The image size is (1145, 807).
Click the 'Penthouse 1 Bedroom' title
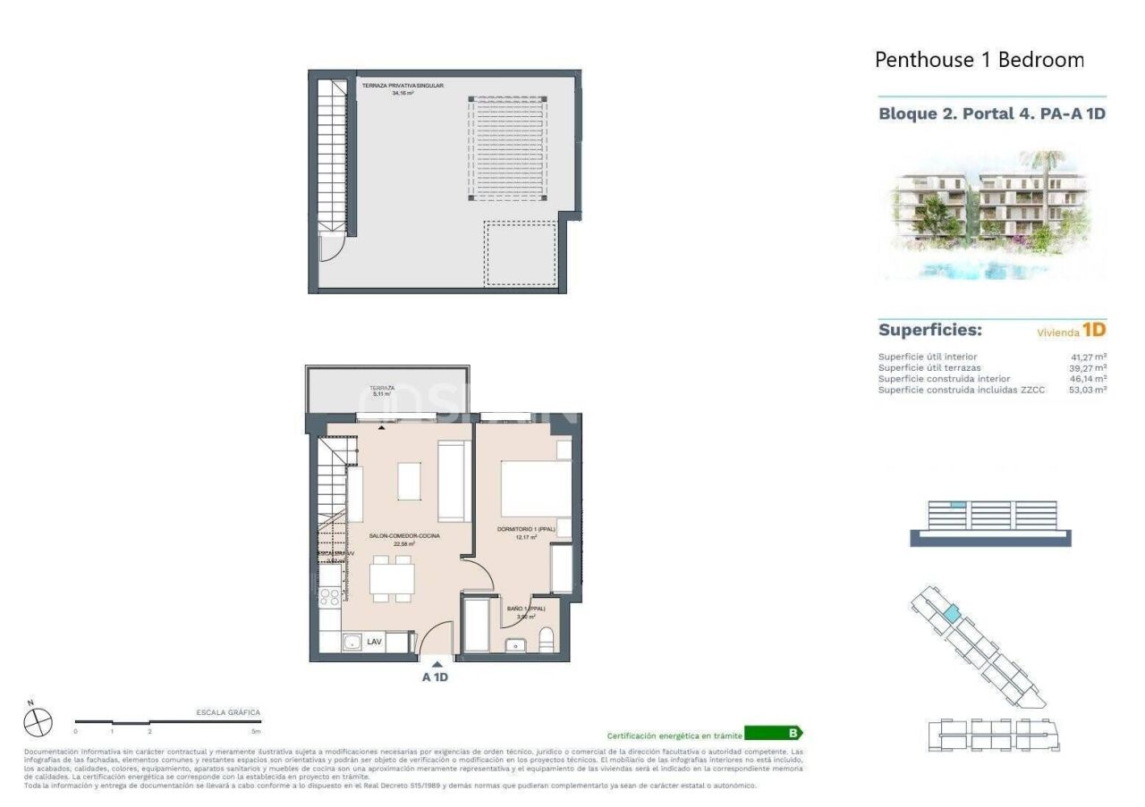pyautogui.click(x=979, y=60)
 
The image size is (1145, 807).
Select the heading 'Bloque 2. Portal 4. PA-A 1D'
pyautogui.click(x=992, y=114)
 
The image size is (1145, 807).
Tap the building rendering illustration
pyautogui.click(x=992, y=214)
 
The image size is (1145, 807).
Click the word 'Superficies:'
pyautogui.click(x=929, y=330)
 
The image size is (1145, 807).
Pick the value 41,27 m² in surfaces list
pyautogui.click(x=1088, y=357)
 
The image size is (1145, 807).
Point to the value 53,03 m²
pyautogui.click(x=1088, y=390)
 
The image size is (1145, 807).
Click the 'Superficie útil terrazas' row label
pyautogui.click(x=929, y=367)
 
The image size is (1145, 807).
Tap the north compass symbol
pyautogui.click(x=38, y=721)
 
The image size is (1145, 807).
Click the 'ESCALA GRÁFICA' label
pyautogui.click(x=228, y=712)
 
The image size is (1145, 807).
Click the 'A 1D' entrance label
pyautogui.click(x=435, y=677)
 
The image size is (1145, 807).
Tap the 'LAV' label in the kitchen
pyautogui.click(x=375, y=641)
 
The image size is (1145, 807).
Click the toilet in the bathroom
pyautogui.click(x=547, y=640)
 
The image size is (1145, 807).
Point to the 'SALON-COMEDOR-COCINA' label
pyautogui.click(x=398, y=536)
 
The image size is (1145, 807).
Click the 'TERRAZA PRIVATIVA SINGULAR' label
pyautogui.click(x=403, y=86)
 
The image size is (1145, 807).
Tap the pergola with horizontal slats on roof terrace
pyautogui.click(x=508, y=147)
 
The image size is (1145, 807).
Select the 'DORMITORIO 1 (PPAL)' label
pyautogui.click(x=526, y=530)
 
